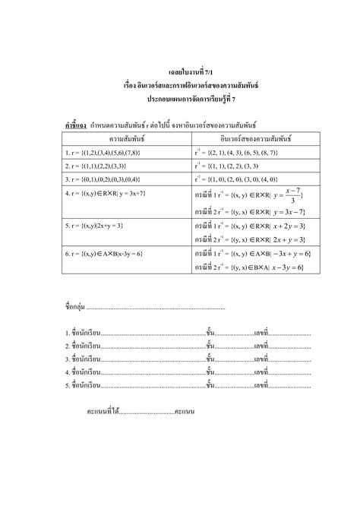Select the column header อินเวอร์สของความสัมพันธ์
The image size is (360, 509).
click(248, 139)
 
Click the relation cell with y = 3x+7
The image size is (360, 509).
click(107, 194)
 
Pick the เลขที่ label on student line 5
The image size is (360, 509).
click(262, 385)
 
